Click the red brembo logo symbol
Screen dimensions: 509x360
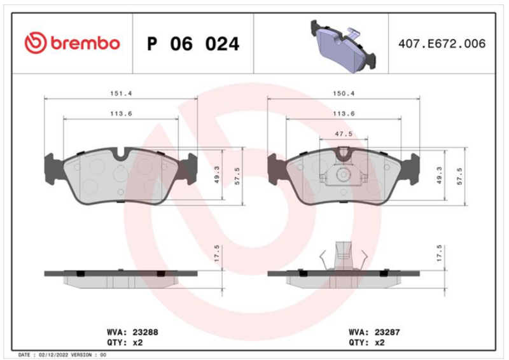(36, 43)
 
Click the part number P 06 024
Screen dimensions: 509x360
(193, 44)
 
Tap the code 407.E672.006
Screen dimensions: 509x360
(442, 44)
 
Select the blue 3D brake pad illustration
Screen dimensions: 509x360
(343, 46)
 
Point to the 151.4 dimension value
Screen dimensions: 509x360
(121, 93)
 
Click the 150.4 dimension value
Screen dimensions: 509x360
(344, 93)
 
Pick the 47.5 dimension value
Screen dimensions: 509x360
(344, 134)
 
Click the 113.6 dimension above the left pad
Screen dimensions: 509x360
(121, 114)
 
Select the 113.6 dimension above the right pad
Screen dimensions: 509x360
(344, 114)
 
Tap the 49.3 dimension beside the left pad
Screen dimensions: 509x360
(217, 174)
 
